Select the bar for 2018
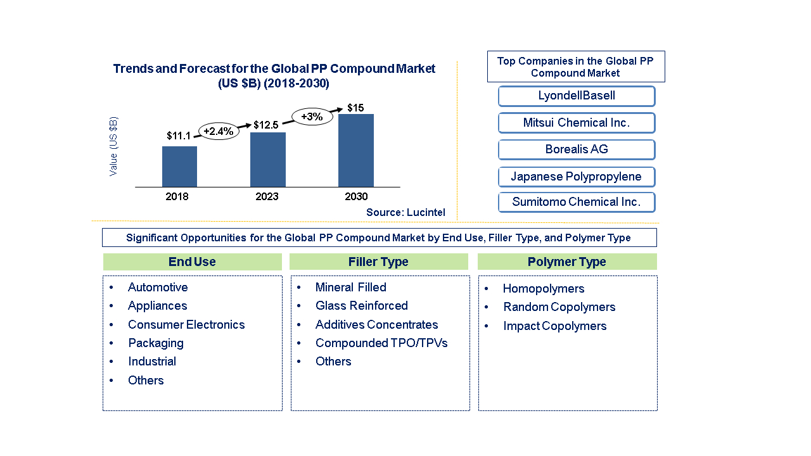click(179, 167)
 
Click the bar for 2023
click(268, 160)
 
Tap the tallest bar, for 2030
click(356, 150)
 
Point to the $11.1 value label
click(179, 136)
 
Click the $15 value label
click(355, 108)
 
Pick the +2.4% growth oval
click(219, 131)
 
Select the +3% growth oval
click(312, 117)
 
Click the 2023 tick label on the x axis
click(267, 197)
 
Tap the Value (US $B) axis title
click(113, 146)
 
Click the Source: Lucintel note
click(405, 213)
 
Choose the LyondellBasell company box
click(576, 96)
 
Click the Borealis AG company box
click(576, 149)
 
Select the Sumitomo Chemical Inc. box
click(576, 202)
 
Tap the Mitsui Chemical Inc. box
click(576, 123)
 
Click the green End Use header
click(192, 262)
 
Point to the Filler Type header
click(378, 262)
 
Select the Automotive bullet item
click(158, 288)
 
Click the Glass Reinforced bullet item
click(361, 306)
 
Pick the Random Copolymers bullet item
click(559, 307)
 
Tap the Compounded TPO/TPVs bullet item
click(381, 343)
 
